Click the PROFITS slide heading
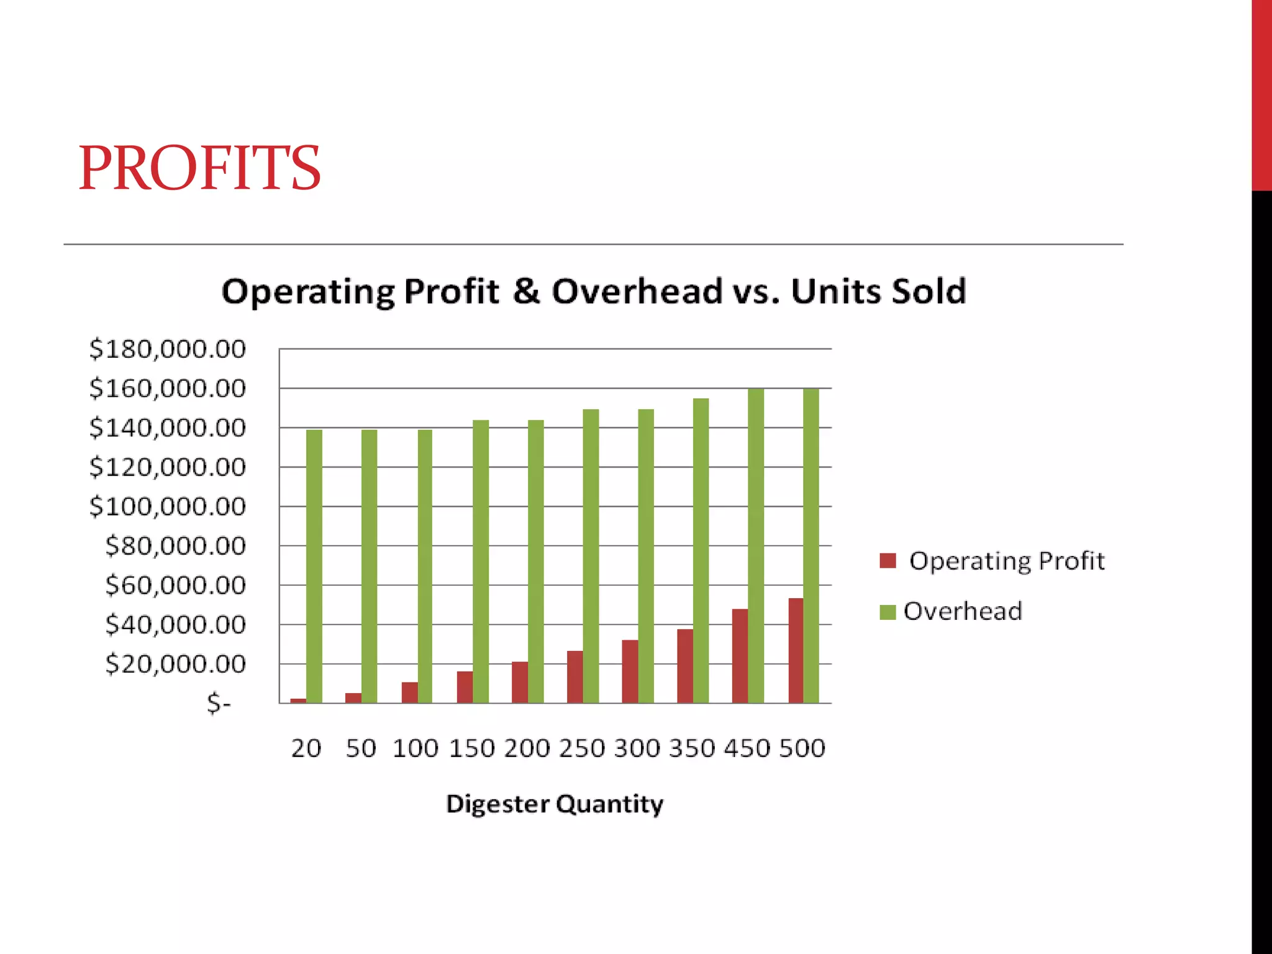[199, 168]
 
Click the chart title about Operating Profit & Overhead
[593, 291]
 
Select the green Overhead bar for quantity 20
[314, 566]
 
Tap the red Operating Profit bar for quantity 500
[796, 650]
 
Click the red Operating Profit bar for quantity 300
[630, 671]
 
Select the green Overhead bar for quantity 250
[591, 556]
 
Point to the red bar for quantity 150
[465, 687]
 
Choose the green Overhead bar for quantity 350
[701, 550]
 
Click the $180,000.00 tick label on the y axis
[168, 349]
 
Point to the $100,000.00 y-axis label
[168, 507]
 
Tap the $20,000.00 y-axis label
[176, 665]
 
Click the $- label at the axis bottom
[219, 704]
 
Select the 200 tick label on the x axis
[527, 748]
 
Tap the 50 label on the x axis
[361, 748]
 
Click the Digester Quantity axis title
[555, 804]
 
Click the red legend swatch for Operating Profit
[888, 561]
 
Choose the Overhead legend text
[963, 611]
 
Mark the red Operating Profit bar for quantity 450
[740, 656]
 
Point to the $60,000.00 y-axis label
[176, 586]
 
